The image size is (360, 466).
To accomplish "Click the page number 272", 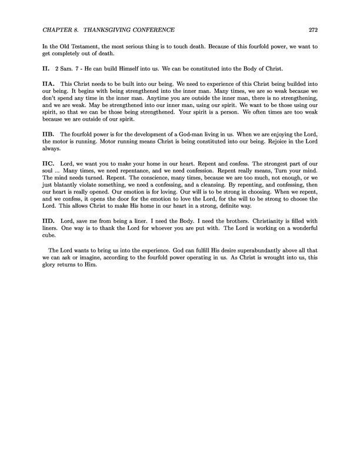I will pyautogui.click(x=313, y=30).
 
